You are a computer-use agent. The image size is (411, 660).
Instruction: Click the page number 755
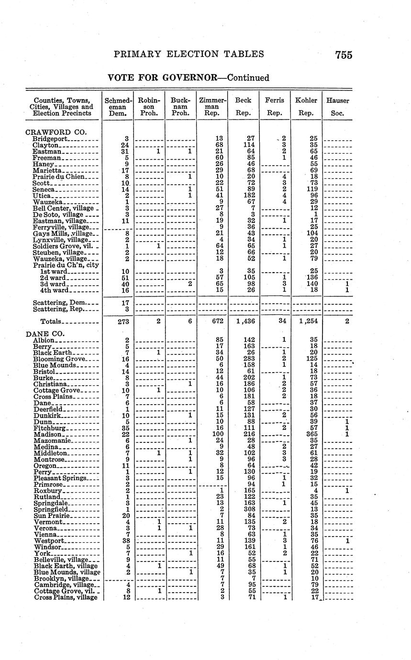pyautogui.click(x=344, y=55)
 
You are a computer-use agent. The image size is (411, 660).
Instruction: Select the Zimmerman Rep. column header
pyautogui.click(x=211, y=107)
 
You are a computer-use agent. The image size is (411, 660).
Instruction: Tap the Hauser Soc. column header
pyautogui.click(x=337, y=107)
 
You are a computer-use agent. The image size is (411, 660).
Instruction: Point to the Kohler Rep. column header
pyautogui.click(x=306, y=107)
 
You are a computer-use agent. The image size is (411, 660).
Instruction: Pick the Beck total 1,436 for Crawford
pyautogui.click(x=247, y=321)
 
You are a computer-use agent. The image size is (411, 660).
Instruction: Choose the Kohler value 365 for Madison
pyautogui.click(x=311, y=433)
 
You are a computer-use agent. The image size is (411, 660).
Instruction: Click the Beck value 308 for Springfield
pyautogui.click(x=249, y=510)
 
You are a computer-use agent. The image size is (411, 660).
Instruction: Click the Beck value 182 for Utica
pyautogui.click(x=249, y=196)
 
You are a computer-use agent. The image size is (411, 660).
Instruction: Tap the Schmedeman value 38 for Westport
pyautogui.click(x=125, y=540)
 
